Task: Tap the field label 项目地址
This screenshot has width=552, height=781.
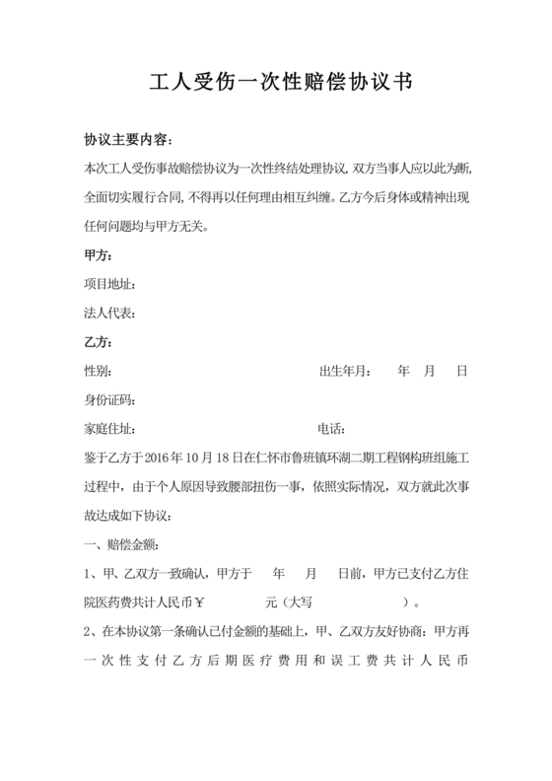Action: tap(108, 285)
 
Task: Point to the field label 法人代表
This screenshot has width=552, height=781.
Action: tap(108, 314)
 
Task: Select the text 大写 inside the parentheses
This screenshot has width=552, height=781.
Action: tap(302, 603)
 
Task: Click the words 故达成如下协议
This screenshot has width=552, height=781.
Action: tap(128, 516)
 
